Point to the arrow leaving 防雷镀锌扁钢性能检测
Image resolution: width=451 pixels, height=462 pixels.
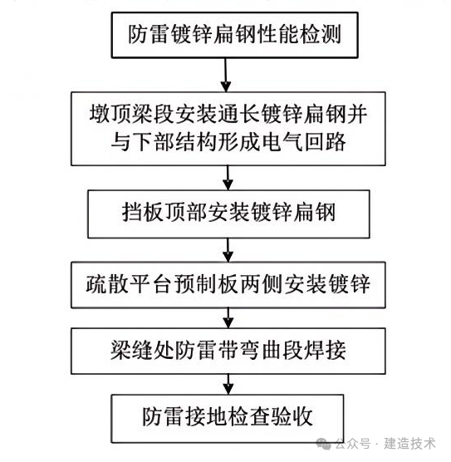click(x=226, y=75)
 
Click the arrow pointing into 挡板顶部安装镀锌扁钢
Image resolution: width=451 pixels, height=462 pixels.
click(x=228, y=178)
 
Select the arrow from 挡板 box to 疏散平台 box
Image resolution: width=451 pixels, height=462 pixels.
click(x=228, y=250)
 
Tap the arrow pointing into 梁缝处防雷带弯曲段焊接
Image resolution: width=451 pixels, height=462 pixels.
click(x=228, y=318)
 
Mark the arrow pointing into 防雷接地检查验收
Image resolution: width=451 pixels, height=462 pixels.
click(x=228, y=384)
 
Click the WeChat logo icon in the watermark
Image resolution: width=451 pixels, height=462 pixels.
click(x=323, y=444)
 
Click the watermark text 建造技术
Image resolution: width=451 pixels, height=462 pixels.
click(x=409, y=444)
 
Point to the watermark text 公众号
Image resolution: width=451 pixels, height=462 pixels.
click(x=353, y=444)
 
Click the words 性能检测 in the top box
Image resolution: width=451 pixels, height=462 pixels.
click(x=299, y=34)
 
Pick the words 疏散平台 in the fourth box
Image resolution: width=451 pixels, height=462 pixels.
click(x=129, y=284)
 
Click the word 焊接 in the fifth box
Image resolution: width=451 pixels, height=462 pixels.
click(x=325, y=351)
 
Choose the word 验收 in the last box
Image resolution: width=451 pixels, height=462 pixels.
click(x=292, y=417)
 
